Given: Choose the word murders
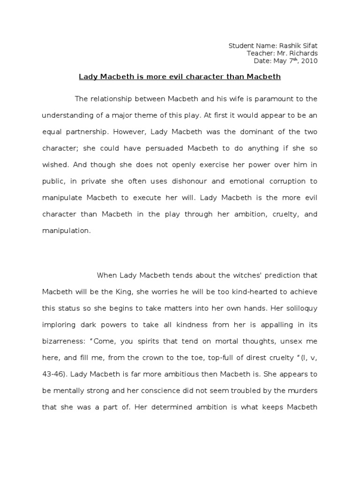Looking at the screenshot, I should pos(303,390).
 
